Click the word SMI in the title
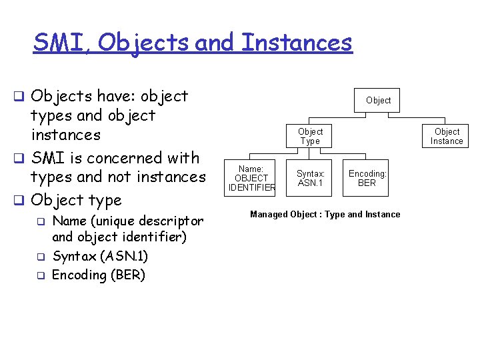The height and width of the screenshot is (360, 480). [63, 43]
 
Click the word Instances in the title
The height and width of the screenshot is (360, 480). [297, 43]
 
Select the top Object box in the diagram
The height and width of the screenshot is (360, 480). [378, 100]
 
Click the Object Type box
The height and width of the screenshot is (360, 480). [310, 136]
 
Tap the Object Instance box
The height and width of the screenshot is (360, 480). [447, 136]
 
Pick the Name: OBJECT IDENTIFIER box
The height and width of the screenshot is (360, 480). [251, 179]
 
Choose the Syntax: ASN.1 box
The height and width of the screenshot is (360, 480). [311, 179]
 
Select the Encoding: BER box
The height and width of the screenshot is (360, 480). [367, 179]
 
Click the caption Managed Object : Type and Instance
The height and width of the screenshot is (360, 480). [325, 214]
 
